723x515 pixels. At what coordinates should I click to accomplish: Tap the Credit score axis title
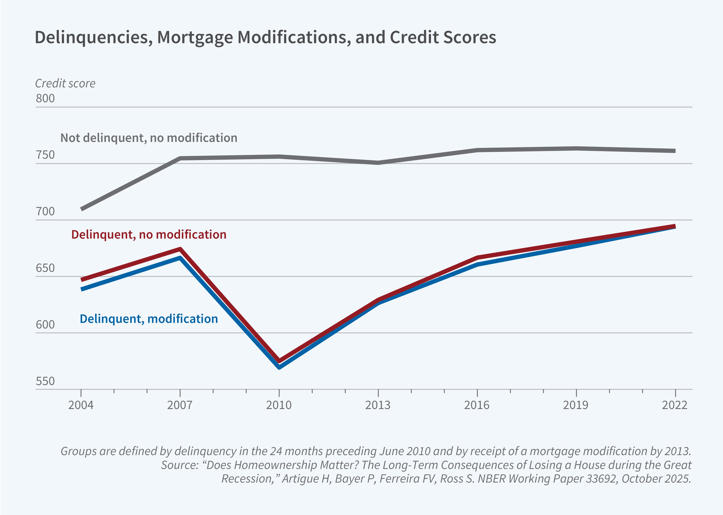[65, 83]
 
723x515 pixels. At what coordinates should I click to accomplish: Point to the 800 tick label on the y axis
[45, 99]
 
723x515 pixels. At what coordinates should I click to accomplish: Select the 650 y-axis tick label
[45, 268]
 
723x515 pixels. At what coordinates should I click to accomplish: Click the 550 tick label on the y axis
[45, 381]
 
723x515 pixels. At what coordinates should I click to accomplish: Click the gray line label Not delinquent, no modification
[149, 138]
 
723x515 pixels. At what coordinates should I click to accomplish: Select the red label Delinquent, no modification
[149, 235]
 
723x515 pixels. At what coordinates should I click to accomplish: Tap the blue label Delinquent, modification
[149, 319]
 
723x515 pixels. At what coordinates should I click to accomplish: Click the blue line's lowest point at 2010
[279, 367]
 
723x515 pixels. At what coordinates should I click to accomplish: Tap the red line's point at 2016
[477, 257]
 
